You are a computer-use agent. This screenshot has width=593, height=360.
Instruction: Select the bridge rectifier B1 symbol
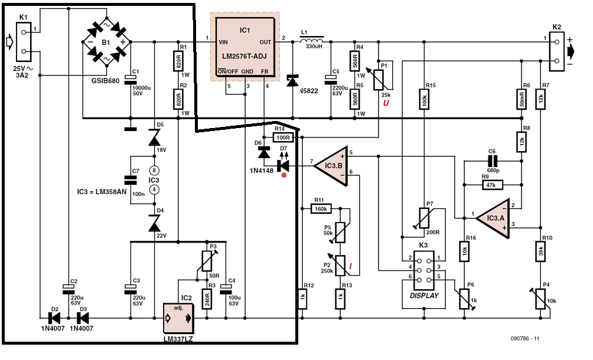[x=106, y=42]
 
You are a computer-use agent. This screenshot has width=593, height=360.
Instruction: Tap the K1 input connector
[x=23, y=41]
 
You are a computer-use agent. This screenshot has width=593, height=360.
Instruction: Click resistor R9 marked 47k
[x=490, y=185]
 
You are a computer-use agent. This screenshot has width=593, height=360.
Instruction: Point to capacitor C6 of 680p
[x=493, y=161]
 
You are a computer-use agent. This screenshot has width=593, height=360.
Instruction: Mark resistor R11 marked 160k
[x=322, y=208]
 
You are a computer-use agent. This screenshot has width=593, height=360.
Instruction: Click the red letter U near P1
[x=387, y=104]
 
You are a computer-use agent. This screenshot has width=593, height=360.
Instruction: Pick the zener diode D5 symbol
[x=154, y=138]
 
